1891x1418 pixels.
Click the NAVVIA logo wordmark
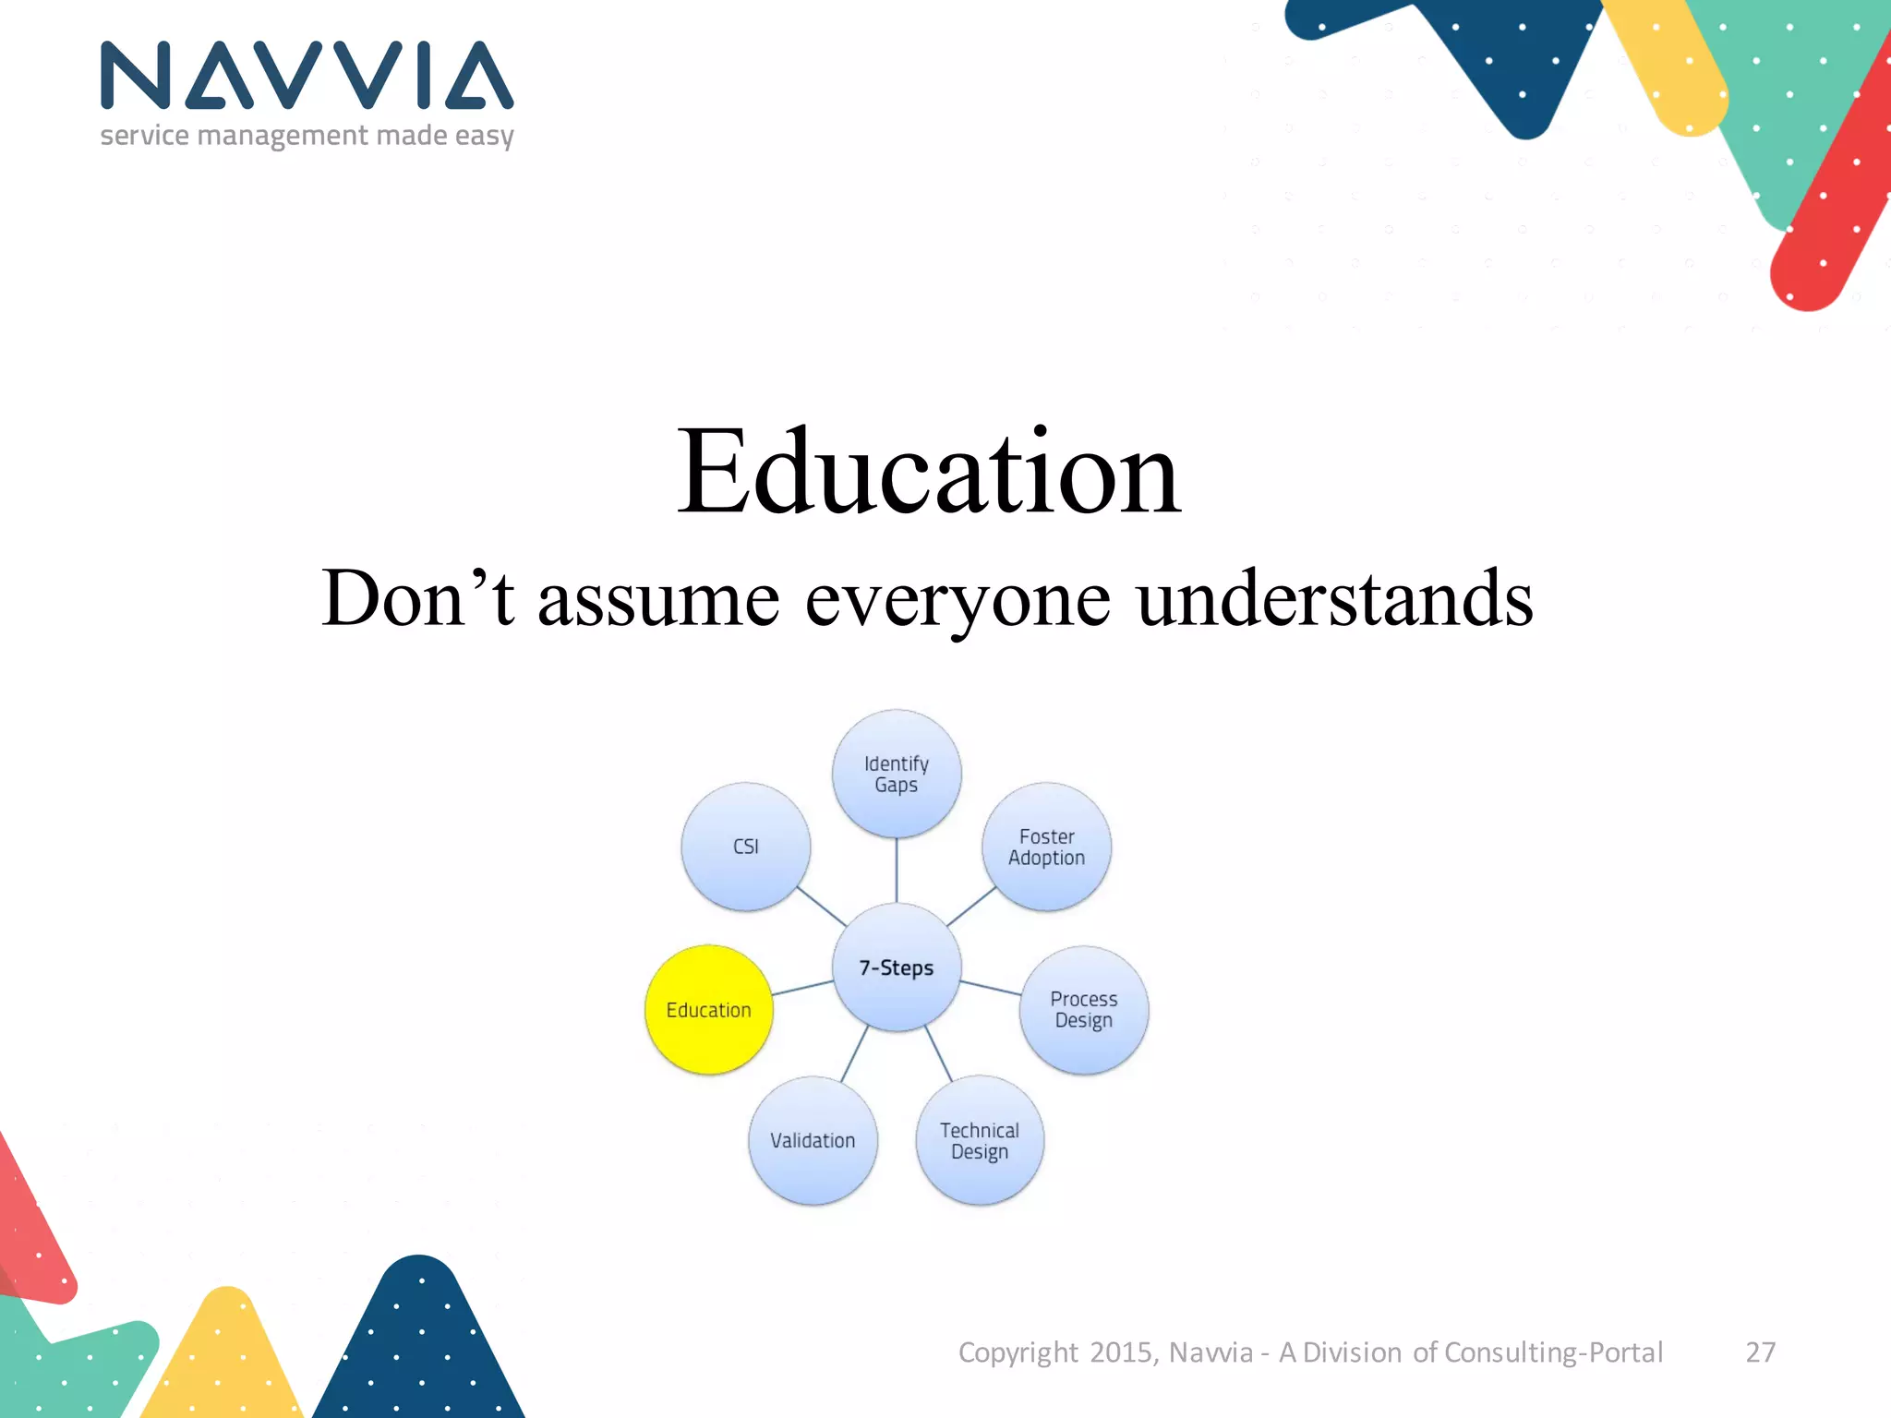(x=307, y=76)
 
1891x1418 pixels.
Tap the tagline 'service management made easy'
(x=307, y=136)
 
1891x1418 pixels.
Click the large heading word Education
(x=929, y=473)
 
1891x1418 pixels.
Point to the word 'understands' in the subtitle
(x=1334, y=598)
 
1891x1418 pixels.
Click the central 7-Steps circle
(x=897, y=967)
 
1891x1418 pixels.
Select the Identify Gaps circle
(x=897, y=774)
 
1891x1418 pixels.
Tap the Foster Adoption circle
(x=1046, y=847)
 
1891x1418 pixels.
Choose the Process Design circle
(x=1084, y=1010)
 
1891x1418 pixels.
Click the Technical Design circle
(x=980, y=1140)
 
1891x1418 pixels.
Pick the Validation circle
(x=813, y=1140)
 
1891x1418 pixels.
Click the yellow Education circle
(x=709, y=1010)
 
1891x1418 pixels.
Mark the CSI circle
(x=746, y=847)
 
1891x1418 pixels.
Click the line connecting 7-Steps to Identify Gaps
(x=897, y=871)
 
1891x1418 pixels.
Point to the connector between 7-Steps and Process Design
(x=991, y=988)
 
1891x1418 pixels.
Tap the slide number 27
(x=1760, y=1352)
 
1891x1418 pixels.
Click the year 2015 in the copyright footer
(x=1121, y=1352)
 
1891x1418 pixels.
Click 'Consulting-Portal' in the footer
(x=1553, y=1352)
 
